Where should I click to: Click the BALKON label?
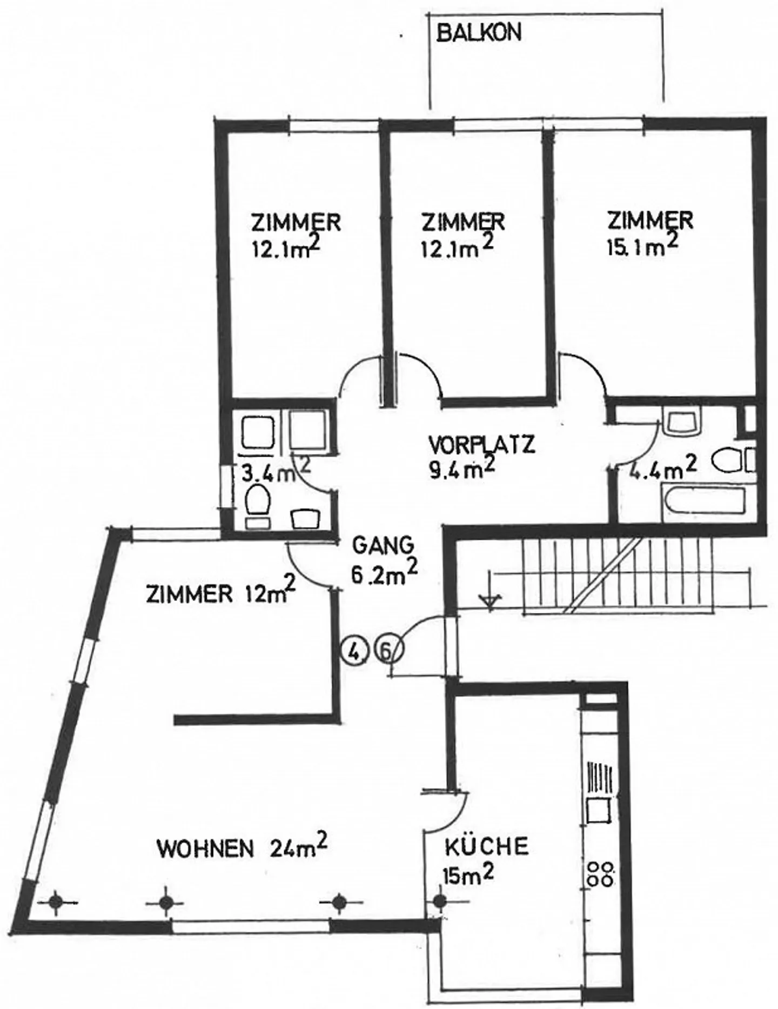pos(479,34)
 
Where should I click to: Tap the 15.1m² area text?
pos(642,246)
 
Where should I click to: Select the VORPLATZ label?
pos(481,445)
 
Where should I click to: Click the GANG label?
pos(383,545)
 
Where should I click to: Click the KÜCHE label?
pos(486,846)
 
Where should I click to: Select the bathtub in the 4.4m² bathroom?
pos(704,503)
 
